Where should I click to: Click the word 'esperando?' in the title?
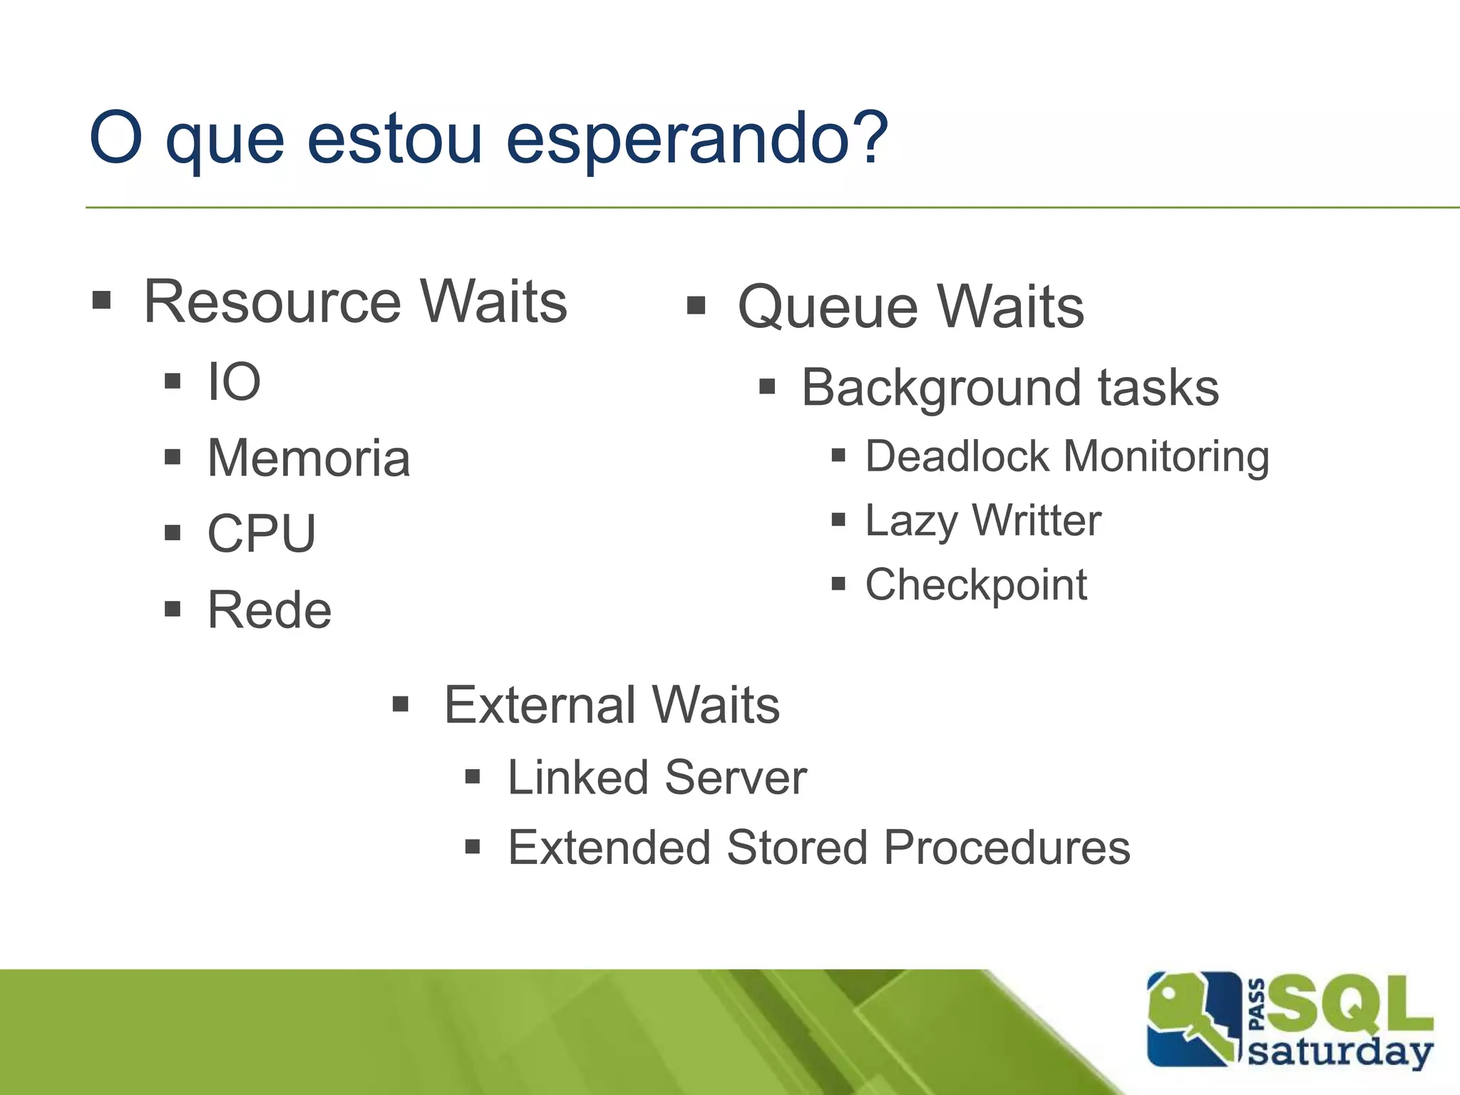(696, 139)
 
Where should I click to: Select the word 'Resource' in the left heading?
(273, 302)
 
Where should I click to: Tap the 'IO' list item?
(234, 382)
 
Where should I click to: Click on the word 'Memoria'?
(309, 458)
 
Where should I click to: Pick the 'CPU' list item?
(262, 533)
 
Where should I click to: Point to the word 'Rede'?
(269, 610)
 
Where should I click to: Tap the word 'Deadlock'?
(957, 456)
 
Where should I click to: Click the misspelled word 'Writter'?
(1037, 520)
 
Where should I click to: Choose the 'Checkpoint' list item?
(976, 585)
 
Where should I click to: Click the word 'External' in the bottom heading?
(539, 705)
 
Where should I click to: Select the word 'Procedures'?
(1007, 848)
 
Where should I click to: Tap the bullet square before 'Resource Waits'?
(102, 300)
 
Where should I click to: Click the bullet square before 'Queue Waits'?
(696, 306)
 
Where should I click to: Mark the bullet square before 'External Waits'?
(401, 704)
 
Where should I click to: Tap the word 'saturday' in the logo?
(1340, 1052)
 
